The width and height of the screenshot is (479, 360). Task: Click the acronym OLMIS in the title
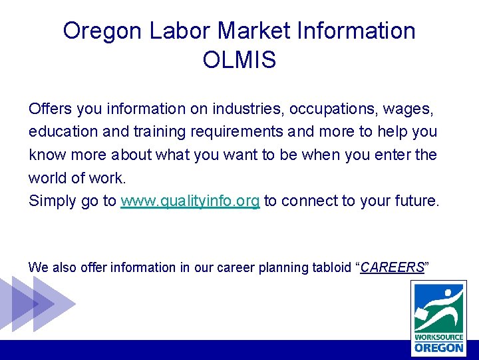coord(239,60)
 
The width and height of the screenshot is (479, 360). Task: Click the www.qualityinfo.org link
coord(190,201)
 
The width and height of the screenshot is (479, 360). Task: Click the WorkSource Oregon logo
coord(438,317)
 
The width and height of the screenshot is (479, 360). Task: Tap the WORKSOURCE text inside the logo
coord(438,337)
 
